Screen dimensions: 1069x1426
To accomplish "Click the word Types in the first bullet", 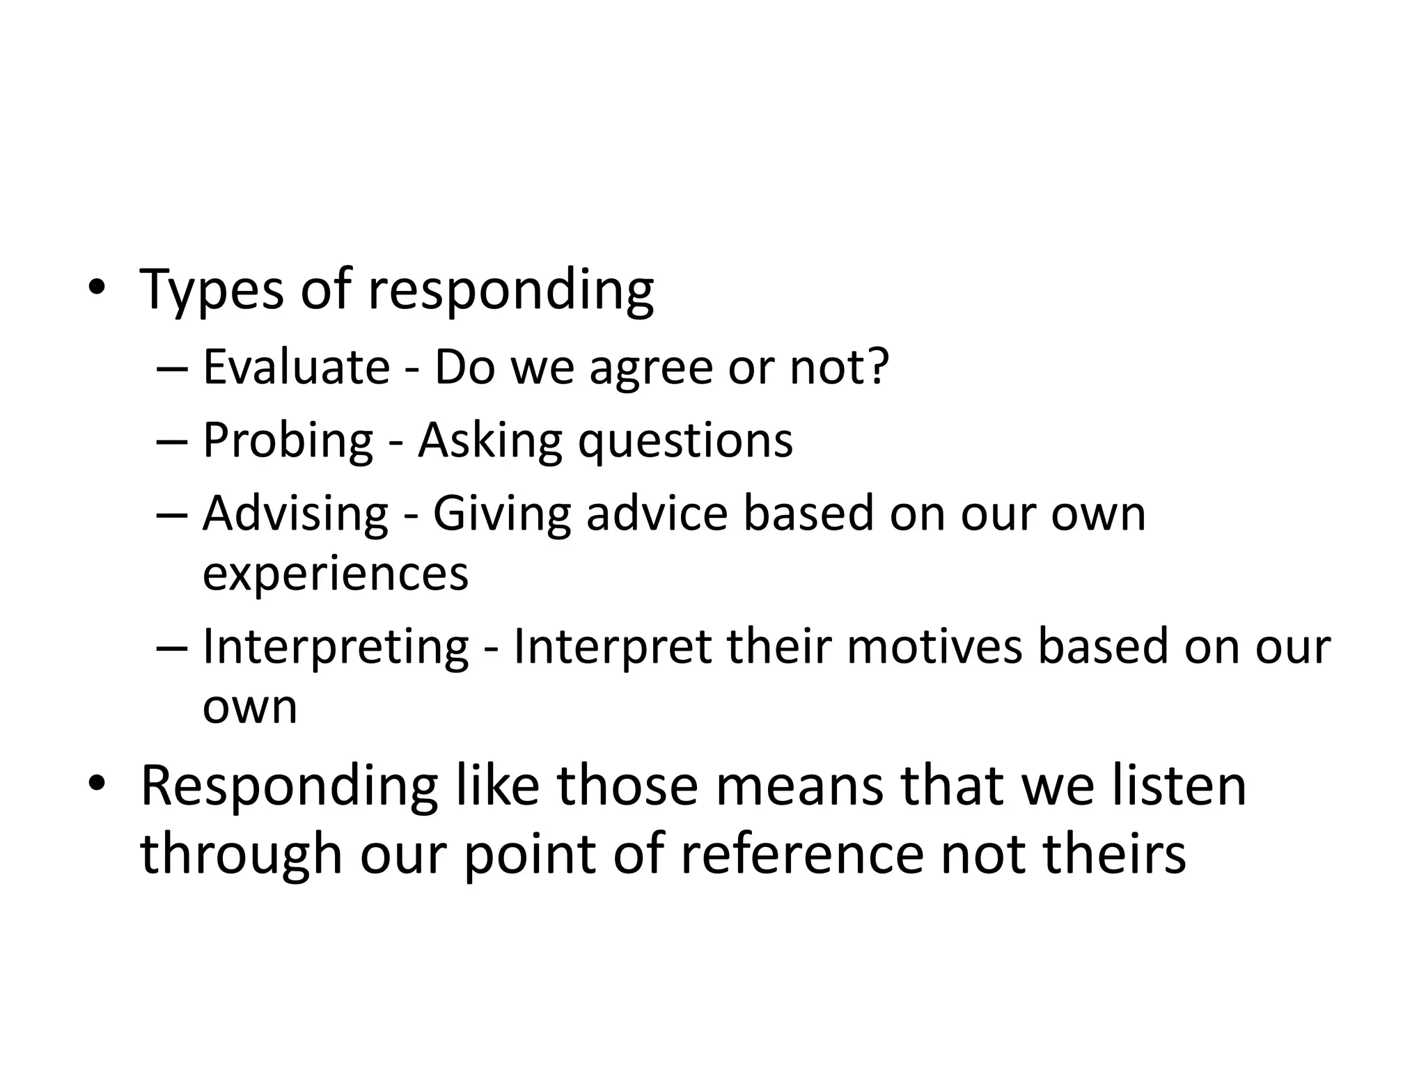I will coord(212,290).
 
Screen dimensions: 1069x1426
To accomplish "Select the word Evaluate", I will coord(296,367).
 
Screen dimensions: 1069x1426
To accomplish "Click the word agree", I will coord(650,370).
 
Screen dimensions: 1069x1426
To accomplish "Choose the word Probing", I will coord(288,441).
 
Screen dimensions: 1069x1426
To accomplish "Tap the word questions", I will coord(685,441).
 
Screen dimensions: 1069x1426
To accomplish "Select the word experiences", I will coord(336,575).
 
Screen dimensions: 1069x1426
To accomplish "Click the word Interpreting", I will coord(336,648).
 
